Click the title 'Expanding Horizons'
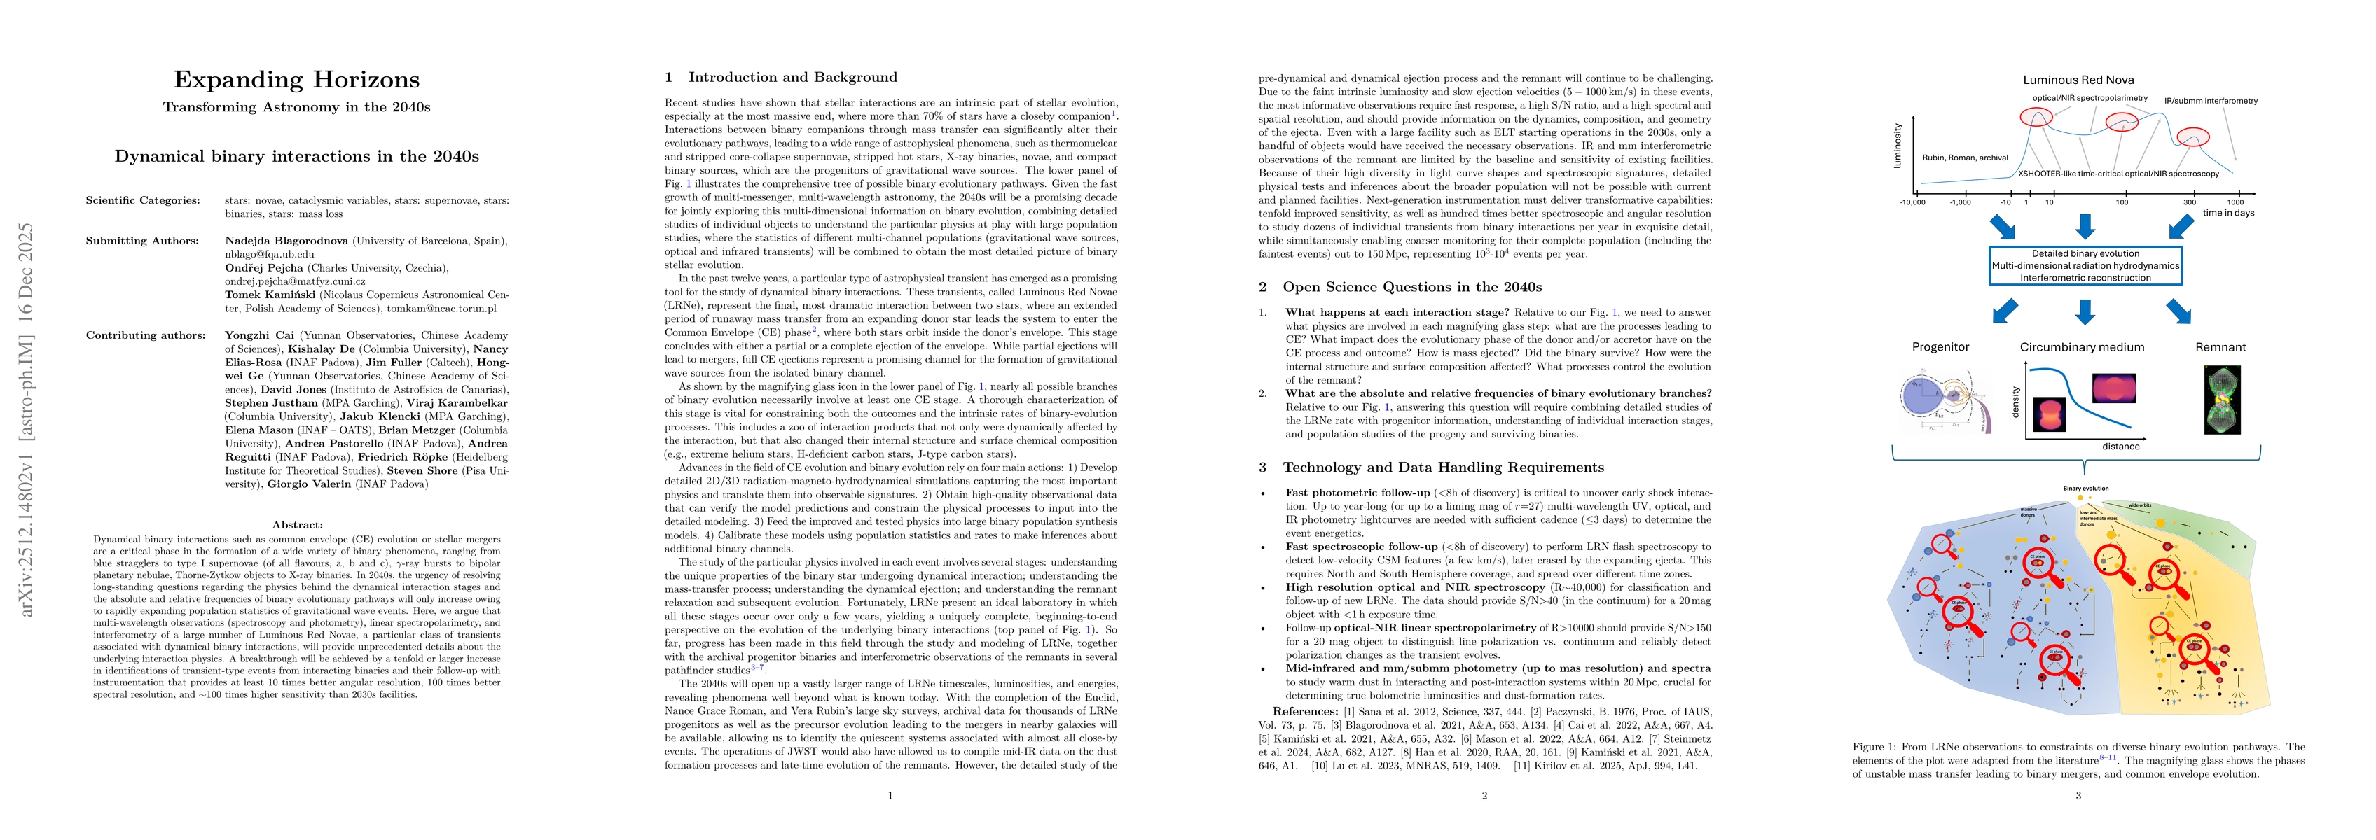click(x=296, y=80)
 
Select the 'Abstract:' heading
click(x=297, y=525)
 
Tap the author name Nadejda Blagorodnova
click(x=286, y=241)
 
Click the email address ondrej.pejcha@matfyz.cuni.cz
click(x=295, y=281)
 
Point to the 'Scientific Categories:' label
click(x=142, y=200)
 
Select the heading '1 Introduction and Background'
click(x=780, y=78)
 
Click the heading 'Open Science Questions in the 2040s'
click(x=1411, y=287)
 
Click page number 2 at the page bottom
click(x=1484, y=794)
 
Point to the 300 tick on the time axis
click(x=2189, y=202)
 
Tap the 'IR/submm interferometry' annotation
click(x=2210, y=101)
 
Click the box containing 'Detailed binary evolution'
click(x=2085, y=265)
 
